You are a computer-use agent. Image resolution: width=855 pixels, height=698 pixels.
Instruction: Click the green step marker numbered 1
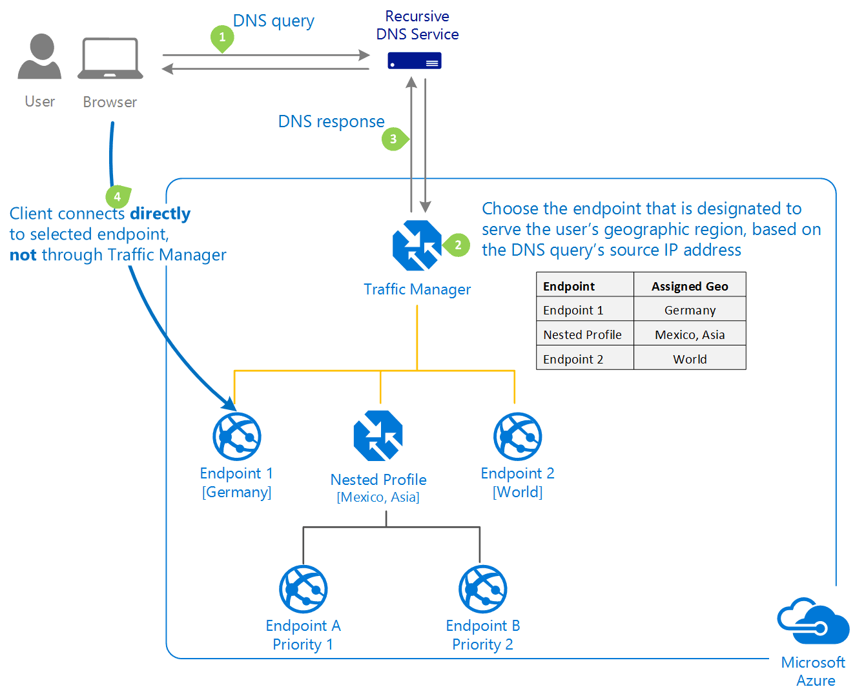coord(222,37)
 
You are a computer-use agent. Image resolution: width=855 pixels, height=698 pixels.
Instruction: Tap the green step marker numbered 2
coord(458,245)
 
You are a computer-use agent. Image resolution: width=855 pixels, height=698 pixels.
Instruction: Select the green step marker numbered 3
coord(393,139)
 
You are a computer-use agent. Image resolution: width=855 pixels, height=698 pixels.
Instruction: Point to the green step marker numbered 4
coord(117,196)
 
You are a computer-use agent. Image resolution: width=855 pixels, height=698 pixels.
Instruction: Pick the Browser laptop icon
coord(110,59)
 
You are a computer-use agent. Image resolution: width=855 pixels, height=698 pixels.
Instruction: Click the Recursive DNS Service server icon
coord(415,61)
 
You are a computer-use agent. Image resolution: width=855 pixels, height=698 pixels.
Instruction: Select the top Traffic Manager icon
coord(417,245)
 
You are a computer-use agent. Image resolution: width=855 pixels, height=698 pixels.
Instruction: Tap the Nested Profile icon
coord(378,436)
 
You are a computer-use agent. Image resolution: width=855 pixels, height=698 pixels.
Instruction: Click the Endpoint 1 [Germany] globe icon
coord(237,436)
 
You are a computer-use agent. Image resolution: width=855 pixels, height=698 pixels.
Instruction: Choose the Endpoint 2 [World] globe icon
coord(518,436)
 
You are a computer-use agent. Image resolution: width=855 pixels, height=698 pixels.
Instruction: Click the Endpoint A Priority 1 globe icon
coord(304,589)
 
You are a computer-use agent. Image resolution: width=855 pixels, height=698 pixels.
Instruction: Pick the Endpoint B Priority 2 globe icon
coord(483,589)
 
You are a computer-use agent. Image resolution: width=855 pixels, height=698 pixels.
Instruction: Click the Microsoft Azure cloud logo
coord(814,621)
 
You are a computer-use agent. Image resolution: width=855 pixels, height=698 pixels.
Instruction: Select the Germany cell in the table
coord(690,310)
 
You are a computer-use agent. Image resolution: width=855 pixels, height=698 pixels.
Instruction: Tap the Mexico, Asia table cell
coord(690,334)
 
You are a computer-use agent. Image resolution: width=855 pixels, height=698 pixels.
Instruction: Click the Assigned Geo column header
coord(690,286)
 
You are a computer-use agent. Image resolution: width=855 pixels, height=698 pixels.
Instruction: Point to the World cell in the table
coord(690,359)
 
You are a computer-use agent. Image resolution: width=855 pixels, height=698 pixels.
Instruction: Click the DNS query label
coord(274,21)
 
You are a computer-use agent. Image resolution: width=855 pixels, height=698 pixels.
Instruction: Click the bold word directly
coord(160,214)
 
